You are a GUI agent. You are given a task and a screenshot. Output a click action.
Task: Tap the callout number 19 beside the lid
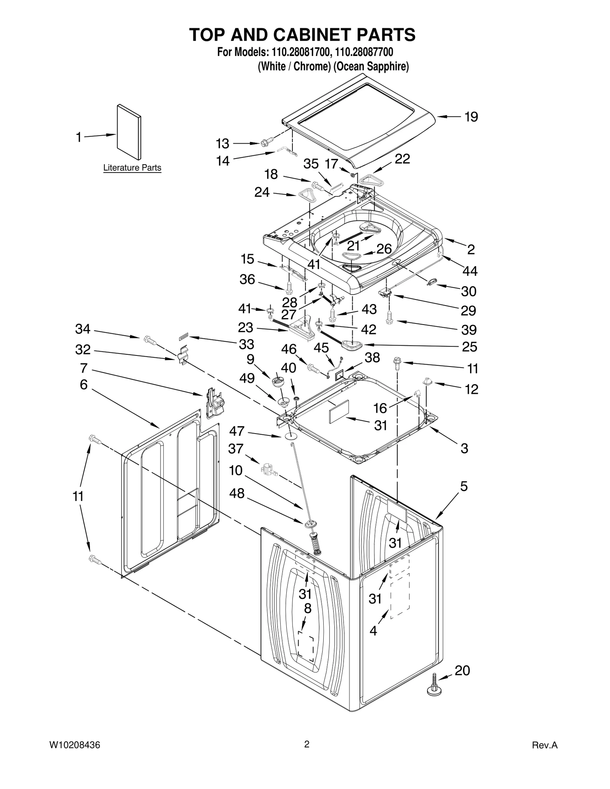tap(471, 117)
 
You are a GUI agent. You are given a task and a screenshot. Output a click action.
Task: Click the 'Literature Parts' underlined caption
tap(132, 168)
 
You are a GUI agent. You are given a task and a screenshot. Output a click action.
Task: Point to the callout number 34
tap(83, 329)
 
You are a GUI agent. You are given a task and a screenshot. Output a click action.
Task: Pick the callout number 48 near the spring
tap(236, 493)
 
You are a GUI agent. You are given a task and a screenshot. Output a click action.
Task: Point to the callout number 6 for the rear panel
tap(83, 385)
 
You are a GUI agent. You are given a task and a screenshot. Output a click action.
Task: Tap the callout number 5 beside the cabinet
tap(464, 487)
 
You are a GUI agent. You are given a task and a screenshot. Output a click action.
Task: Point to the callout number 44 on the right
tap(470, 271)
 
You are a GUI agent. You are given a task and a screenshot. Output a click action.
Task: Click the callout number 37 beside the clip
tap(236, 449)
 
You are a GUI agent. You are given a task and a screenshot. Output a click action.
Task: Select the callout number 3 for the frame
tap(464, 448)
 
